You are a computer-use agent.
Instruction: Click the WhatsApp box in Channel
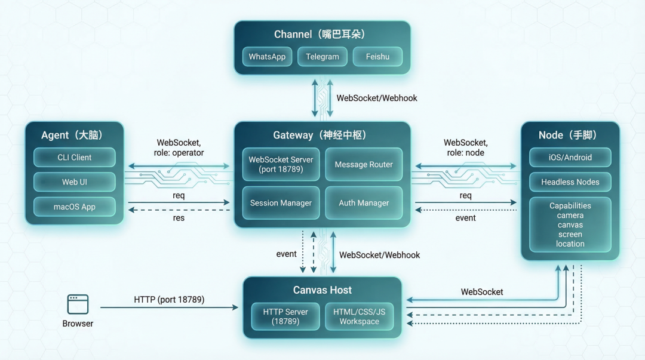coord(267,57)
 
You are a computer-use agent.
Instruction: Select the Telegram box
coord(322,57)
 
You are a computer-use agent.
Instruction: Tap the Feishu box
coord(377,57)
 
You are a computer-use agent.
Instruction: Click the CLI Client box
coord(74,158)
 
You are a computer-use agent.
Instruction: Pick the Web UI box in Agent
coord(74,182)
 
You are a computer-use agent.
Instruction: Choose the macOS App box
coord(74,207)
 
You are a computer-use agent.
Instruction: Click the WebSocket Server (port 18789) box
coord(281,164)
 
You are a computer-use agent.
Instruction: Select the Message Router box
coord(364,164)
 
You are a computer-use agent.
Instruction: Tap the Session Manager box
coord(281,203)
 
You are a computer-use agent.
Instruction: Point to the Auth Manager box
coord(364,203)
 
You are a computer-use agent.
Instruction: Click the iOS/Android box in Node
coord(570,158)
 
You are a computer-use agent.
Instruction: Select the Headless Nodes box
coord(570,182)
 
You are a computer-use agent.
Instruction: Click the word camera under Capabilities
coord(570,216)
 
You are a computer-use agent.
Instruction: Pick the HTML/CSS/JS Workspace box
coord(360,316)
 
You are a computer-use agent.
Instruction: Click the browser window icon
coord(78,304)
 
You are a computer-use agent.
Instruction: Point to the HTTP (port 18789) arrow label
coord(169,300)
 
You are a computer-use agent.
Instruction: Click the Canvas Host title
coord(322,290)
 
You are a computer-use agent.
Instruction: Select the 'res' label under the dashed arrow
coord(179,218)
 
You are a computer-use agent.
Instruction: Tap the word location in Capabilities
coord(570,244)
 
